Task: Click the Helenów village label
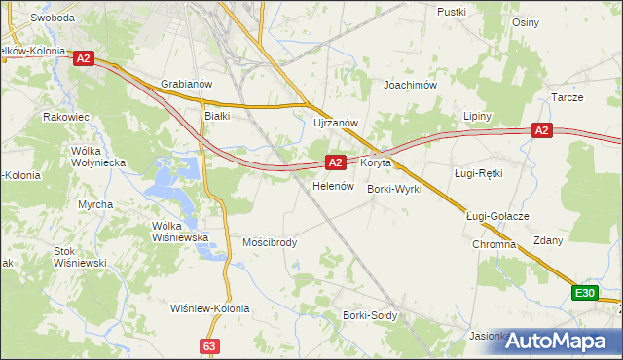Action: click(331, 185)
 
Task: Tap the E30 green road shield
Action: click(584, 293)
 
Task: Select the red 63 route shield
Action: click(210, 345)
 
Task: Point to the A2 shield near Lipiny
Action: click(542, 130)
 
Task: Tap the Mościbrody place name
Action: click(270, 242)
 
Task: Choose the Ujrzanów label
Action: click(337, 123)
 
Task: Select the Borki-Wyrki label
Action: click(394, 189)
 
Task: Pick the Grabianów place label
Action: click(186, 85)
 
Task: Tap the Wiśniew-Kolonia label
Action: click(209, 308)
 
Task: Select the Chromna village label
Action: click(494, 244)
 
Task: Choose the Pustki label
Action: click(454, 12)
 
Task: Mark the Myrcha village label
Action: click(95, 204)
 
